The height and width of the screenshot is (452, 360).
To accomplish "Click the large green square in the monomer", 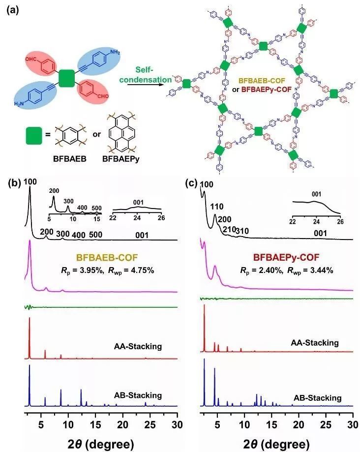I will [x=67, y=79].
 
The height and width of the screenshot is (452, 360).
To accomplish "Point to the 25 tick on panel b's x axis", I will [x=150, y=424].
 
